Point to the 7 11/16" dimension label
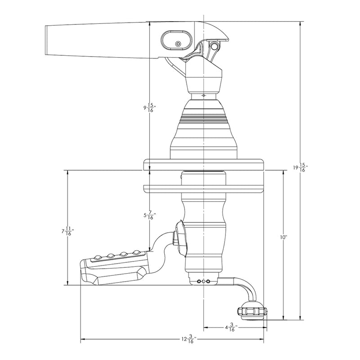click(67, 232)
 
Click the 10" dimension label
click(283, 237)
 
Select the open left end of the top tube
click(48, 40)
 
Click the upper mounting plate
click(204, 164)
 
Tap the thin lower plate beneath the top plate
click(204, 187)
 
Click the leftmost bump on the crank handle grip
click(96, 257)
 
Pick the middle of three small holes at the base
click(203, 282)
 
